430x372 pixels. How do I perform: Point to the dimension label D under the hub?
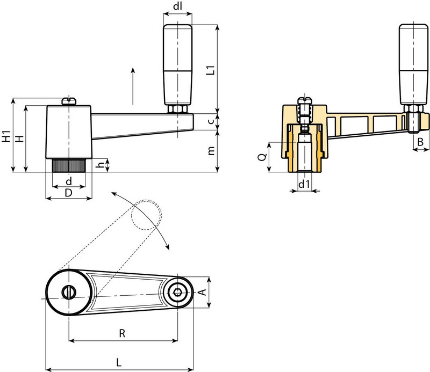point(68,192)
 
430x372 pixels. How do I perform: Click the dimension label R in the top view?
point(122,333)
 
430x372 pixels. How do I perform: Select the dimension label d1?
point(304,185)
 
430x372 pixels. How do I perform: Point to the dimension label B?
point(420,142)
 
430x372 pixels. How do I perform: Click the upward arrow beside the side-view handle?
point(131,86)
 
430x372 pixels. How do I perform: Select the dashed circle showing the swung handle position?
point(146,215)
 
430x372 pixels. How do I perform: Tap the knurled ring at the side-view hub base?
point(69,165)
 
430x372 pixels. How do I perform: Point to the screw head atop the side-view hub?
point(68,100)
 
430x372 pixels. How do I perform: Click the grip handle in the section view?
point(412,64)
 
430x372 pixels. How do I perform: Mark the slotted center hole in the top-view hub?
point(69,292)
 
